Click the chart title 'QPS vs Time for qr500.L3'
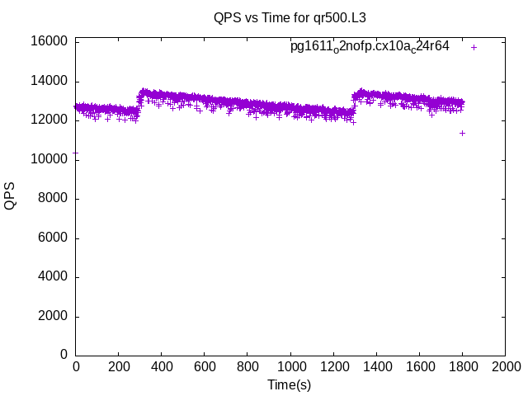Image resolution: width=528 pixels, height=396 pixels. click(x=290, y=16)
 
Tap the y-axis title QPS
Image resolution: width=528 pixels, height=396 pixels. click(x=10, y=196)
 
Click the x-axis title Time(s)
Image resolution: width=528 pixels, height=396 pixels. click(x=290, y=384)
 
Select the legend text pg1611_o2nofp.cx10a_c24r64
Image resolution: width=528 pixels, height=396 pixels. click(x=370, y=46)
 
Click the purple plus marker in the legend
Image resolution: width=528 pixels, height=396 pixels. click(x=474, y=47)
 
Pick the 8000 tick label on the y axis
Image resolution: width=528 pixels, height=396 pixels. click(x=53, y=199)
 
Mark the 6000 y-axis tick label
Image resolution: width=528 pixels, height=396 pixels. click(x=53, y=238)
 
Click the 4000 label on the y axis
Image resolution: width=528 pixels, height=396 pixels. click(x=53, y=277)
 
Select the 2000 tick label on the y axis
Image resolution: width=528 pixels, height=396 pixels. click(x=53, y=317)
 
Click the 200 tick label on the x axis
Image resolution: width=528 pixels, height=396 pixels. click(x=119, y=367)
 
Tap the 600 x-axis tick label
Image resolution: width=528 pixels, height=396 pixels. click(x=205, y=367)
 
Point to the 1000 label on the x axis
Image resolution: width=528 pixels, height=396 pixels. click(x=290, y=367)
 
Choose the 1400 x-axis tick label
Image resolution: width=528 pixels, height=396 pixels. click(x=376, y=367)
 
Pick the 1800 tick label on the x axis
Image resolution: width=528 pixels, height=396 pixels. click(x=462, y=367)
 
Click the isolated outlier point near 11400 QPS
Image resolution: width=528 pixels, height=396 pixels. click(x=463, y=133)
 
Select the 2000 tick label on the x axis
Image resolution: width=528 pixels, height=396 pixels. click(x=505, y=367)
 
